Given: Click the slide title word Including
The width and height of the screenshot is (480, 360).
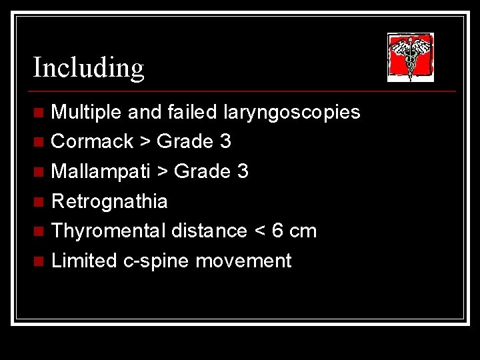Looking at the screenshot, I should coord(88,67).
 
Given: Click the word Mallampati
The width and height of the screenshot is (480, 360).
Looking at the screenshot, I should coord(101,171).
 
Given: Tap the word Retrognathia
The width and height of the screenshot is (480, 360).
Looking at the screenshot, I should coord(109,201).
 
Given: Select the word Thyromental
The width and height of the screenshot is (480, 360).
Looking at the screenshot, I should coord(108,231).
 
